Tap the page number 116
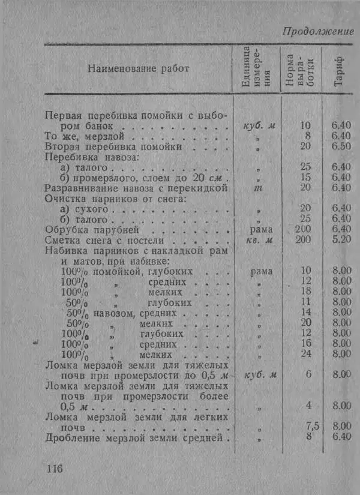tap(55, 468)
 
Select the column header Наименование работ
tap(138, 68)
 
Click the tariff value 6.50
tap(341, 146)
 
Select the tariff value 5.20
tap(341, 240)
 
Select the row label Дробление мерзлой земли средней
tap(135, 437)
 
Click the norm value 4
tap(308, 406)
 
